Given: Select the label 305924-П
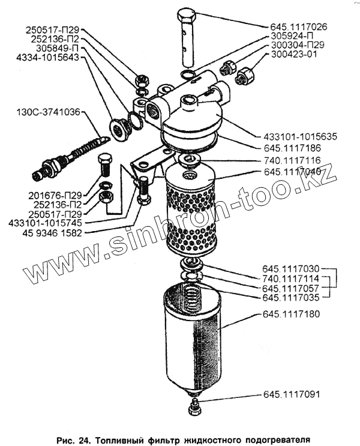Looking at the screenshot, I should pyautogui.click(x=287, y=35).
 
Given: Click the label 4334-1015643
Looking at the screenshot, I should pyautogui.click(x=47, y=58).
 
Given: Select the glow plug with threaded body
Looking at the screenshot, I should pyautogui.click(x=66, y=155).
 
